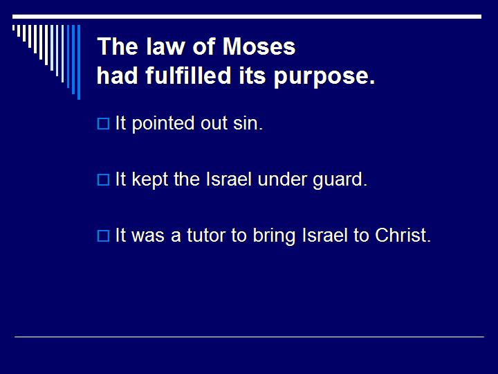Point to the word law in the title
pos(158,47)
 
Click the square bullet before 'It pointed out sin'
pos(103,125)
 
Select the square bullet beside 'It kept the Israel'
pos(103,180)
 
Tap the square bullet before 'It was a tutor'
pos(103,236)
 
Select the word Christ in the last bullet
pos(403,235)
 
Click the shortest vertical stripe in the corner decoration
pos(15,29)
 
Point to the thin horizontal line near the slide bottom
pos(249,337)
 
